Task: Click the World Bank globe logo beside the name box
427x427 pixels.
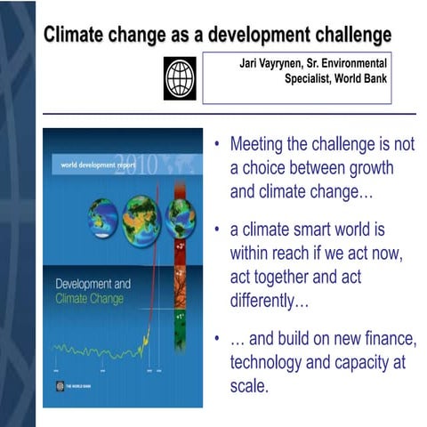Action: [180, 77]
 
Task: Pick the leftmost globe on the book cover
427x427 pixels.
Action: [102, 215]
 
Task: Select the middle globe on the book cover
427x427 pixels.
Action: [141, 215]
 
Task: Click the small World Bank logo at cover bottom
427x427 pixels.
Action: [61, 387]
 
